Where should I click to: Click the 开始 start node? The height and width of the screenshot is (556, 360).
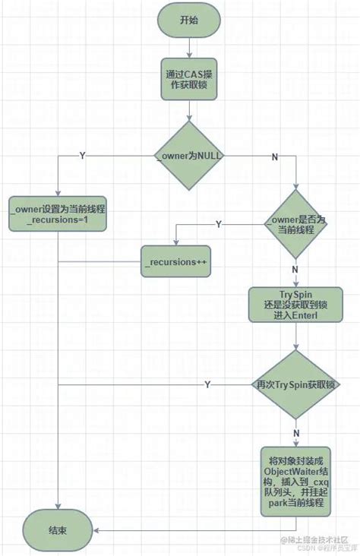point(189,21)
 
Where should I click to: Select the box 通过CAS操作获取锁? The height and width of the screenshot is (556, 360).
point(189,79)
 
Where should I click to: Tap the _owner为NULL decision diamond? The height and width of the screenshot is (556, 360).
point(189,156)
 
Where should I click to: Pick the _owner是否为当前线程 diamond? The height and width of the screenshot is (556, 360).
point(296,224)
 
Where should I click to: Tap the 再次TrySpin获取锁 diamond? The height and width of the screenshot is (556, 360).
point(296,385)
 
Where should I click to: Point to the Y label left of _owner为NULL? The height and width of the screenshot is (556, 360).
point(82,155)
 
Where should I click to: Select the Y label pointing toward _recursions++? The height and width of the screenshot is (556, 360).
point(219,224)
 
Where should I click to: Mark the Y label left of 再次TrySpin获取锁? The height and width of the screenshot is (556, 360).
point(207,385)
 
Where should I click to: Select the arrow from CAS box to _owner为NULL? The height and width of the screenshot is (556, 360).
point(189,110)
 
